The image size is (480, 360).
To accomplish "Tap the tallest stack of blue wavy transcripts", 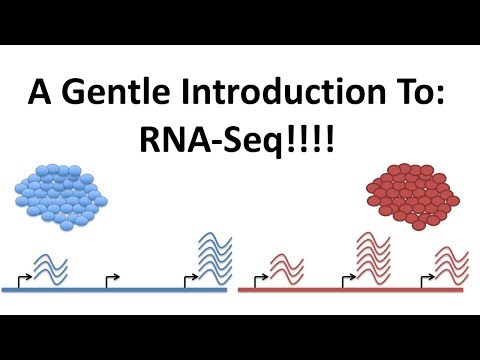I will [211, 255].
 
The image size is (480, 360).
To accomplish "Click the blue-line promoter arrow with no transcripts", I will [112, 277].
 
